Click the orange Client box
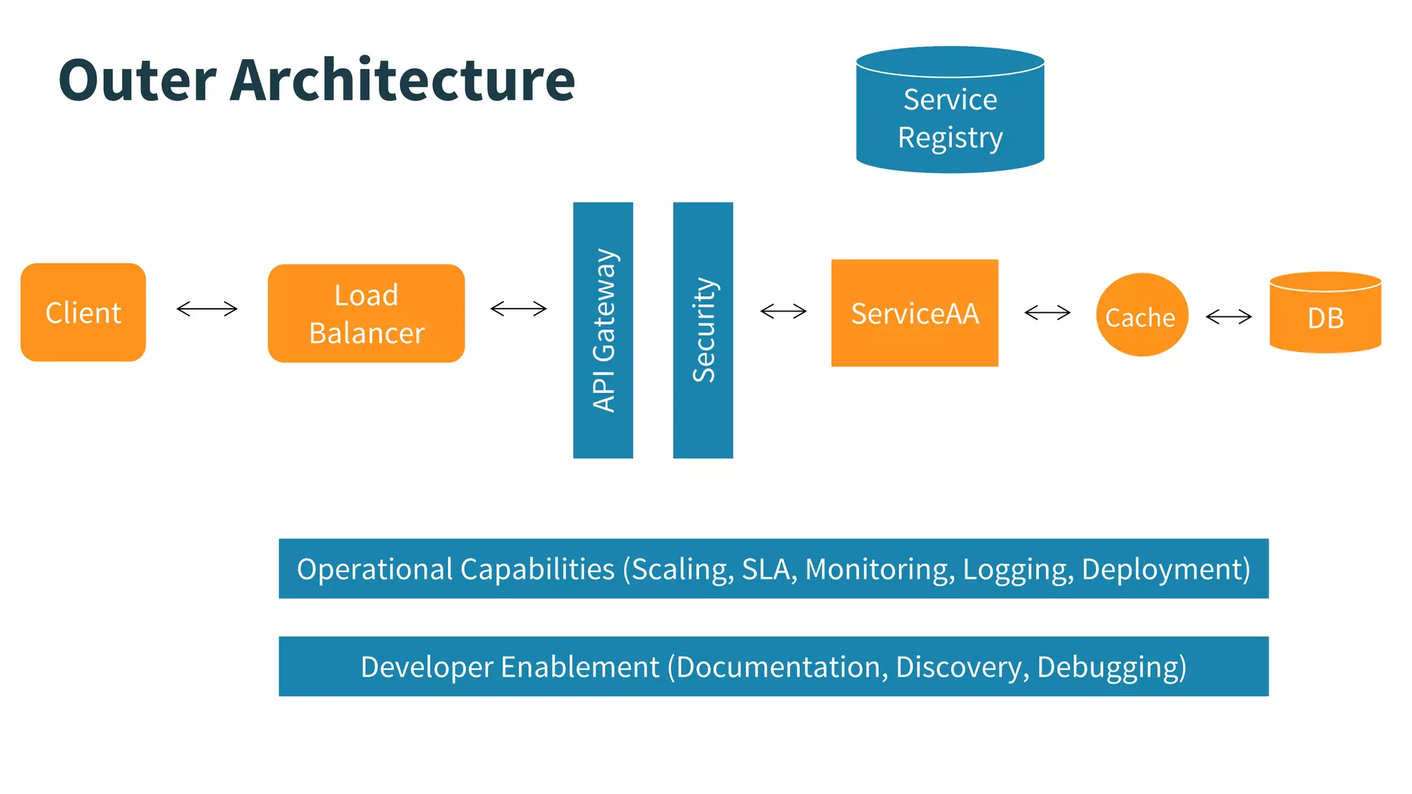tap(83, 312)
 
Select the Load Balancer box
tap(366, 314)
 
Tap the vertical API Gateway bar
tap(603, 330)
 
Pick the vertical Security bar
tap(703, 330)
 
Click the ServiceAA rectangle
tap(914, 313)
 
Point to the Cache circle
tap(1142, 315)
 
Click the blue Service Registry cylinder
tap(950, 110)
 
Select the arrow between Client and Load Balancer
tap(207, 309)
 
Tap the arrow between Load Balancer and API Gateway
tap(518, 309)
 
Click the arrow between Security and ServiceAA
tap(783, 312)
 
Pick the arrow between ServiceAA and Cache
tap(1047, 313)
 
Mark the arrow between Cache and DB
tap(1229, 316)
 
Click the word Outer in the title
tap(137, 81)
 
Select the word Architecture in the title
tap(402, 81)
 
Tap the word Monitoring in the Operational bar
tap(880, 570)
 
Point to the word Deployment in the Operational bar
tap(1165, 570)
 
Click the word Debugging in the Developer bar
tap(1111, 668)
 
